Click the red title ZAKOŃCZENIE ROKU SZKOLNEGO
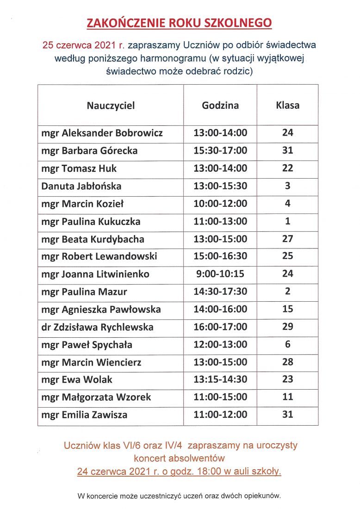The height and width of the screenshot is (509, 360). click(x=180, y=23)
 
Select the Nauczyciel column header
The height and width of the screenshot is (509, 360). click(x=111, y=106)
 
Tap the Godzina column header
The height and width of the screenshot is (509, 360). click(x=220, y=106)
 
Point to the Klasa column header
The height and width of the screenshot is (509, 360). click(x=287, y=106)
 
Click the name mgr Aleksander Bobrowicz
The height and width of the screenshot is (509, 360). click(x=102, y=133)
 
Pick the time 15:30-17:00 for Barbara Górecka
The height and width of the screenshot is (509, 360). click(x=220, y=151)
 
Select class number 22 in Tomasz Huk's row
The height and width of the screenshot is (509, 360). click(x=287, y=168)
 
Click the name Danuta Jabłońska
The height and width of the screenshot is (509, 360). click(x=81, y=186)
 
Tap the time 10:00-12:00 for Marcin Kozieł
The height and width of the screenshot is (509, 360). click(x=220, y=204)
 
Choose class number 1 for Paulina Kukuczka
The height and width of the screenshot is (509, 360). click(x=287, y=221)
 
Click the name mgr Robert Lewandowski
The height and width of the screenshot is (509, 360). click(x=99, y=256)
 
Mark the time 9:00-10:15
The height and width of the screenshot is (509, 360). click(x=220, y=274)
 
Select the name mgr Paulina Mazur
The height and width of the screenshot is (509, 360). click(x=84, y=292)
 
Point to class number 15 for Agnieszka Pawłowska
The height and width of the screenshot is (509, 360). click(x=287, y=309)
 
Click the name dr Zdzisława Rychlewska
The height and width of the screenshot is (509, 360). click(x=97, y=327)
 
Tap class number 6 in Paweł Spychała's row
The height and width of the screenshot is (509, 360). click(x=287, y=345)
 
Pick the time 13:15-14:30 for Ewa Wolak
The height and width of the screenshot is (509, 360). click(x=220, y=380)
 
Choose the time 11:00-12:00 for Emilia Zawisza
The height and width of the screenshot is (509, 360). click(x=220, y=415)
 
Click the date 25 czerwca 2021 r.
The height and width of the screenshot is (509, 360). click(x=83, y=45)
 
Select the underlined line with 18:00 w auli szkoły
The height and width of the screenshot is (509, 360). click(x=180, y=472)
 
